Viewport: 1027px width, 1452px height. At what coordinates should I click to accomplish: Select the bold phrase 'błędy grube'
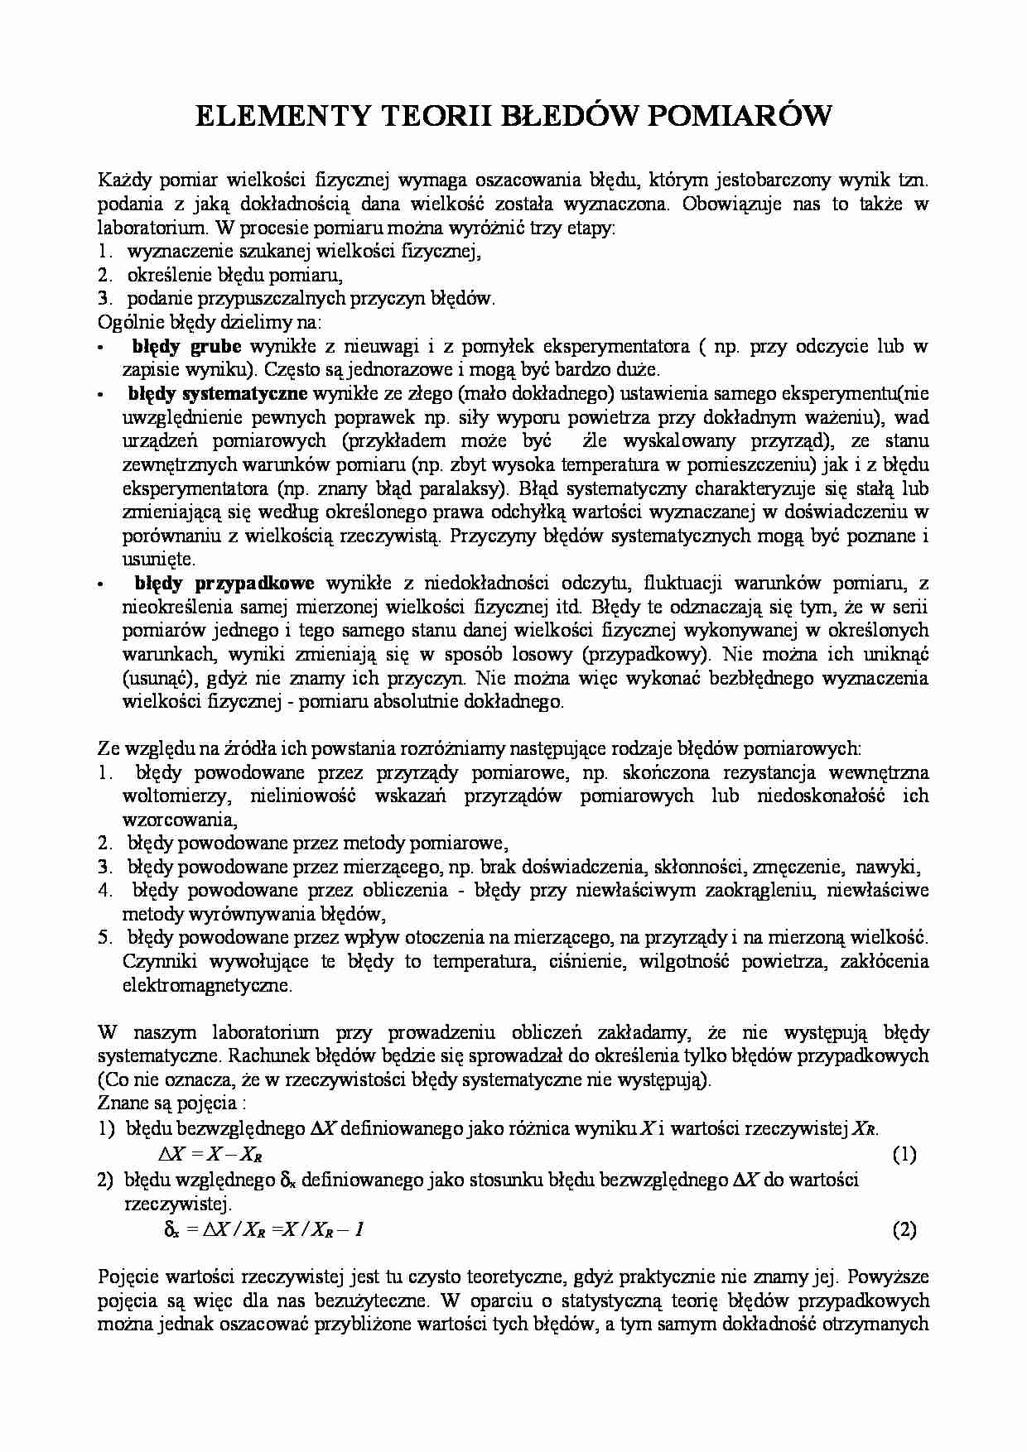[187, 347]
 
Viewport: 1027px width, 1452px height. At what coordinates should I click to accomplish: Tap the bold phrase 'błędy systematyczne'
[218, 393]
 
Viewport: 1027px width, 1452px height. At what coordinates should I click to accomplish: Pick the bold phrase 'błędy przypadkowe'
[224, 584]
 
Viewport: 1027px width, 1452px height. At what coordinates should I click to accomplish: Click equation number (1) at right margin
[904, 1155]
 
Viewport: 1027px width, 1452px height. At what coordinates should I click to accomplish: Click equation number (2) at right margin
[904, 1229]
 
